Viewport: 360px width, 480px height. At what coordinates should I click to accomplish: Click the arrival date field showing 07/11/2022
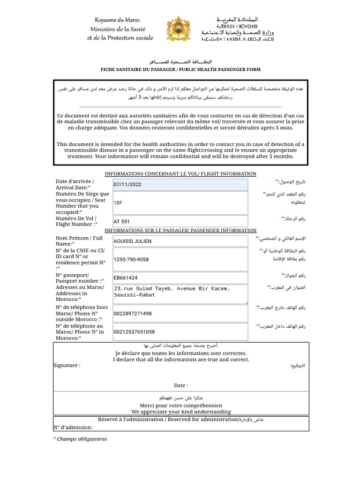coord(180,185)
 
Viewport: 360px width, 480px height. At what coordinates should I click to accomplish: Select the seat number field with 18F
coord(180,203)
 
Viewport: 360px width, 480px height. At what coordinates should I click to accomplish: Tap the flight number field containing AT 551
coord(180,221)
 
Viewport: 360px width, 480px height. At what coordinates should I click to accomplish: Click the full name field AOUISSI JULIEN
coord(180,241)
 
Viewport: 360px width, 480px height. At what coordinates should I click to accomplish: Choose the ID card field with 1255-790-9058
coord(180,259)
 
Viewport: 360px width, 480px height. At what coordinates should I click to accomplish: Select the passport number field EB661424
coord(180,277)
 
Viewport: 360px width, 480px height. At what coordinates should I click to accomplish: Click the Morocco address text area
coord(180,294)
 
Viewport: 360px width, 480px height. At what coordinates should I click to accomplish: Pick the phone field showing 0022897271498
coord(180,313)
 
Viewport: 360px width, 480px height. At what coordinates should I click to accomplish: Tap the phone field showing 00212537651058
coord(180,332)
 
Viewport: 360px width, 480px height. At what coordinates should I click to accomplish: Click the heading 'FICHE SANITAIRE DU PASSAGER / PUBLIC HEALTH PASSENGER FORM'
coord(180,69)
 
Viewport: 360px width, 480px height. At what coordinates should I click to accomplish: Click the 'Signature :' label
coord(67,365)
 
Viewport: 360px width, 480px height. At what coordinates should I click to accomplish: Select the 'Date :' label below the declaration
coord(181,385)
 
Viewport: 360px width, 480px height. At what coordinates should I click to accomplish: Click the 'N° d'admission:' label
coord(73,427)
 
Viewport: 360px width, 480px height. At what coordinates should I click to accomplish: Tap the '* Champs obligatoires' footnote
coord(80,439)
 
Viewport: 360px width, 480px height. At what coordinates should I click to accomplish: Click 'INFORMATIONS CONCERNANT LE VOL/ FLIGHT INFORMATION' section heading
coord(180,174)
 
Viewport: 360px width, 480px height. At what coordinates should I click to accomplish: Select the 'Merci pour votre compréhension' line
coord(181,405)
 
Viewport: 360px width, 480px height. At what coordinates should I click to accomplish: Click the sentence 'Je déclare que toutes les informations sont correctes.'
coord(181,353)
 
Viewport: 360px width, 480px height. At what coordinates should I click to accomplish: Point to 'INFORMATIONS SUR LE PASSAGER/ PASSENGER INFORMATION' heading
coord(180,230)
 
